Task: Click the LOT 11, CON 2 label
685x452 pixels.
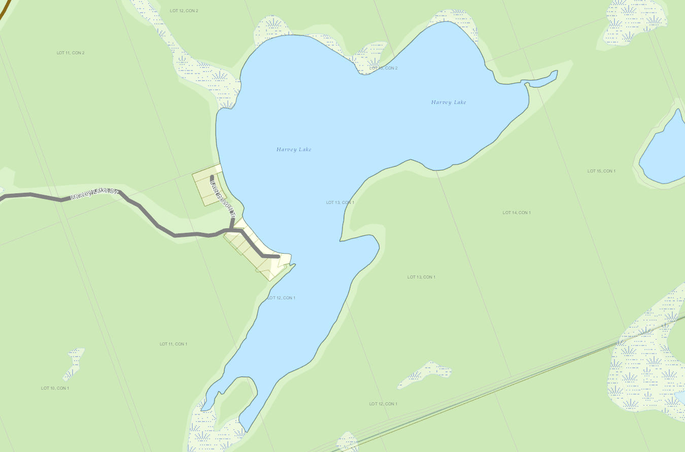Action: (71, 53)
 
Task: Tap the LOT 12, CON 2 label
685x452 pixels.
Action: (184, 11)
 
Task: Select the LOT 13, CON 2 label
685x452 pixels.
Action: (383, 68)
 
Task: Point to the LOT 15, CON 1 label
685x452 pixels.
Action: (601, 171)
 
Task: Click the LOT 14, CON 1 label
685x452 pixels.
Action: (517, 213)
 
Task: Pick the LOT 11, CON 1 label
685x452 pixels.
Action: (174, 344)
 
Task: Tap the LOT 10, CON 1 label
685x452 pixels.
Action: (55, 388)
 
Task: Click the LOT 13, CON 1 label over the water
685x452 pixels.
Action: (340, 202)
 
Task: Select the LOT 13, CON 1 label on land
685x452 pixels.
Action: (421, 277)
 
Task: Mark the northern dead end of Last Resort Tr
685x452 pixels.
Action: (212, 177)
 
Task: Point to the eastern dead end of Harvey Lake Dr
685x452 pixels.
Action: (278, 257)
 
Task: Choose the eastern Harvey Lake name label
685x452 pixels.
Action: (449, 102)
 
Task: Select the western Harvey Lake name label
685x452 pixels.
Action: (294, 150)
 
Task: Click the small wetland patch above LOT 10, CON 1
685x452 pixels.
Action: (75, 362)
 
